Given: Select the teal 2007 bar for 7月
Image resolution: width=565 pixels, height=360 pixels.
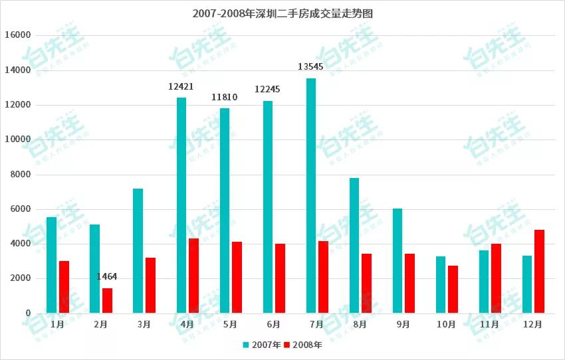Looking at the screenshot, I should pyautogui.click(x=311, y=196).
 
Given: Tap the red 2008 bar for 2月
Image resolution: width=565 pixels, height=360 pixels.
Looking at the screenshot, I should pyautogui.click(x=107, y=300).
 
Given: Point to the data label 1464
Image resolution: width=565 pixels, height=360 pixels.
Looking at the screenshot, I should pyautogui.click(x=107, y=276).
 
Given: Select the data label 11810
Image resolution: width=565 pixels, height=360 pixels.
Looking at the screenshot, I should pyautogui.click(x=225, y=97).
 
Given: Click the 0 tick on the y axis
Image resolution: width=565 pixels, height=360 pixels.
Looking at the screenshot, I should pyautogui.click(x=28, y=314).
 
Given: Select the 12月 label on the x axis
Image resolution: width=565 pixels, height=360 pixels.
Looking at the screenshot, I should pyautogui.click(x=533, y=325).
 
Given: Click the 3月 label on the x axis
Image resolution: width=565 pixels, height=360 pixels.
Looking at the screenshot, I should pyautogui.click(x=144, y=325).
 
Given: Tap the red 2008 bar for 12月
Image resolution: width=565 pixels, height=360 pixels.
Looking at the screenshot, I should pyautogui.click(x=539, y=272).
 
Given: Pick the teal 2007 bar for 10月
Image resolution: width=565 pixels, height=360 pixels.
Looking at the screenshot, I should pyautogui.click(x=441, y=285).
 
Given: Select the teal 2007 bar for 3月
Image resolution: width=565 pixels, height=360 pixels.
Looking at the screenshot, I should pyautogui.click(x=138, y=251).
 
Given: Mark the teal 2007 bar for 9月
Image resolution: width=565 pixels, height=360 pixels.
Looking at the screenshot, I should pyautogui.click(x=397, y=261).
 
